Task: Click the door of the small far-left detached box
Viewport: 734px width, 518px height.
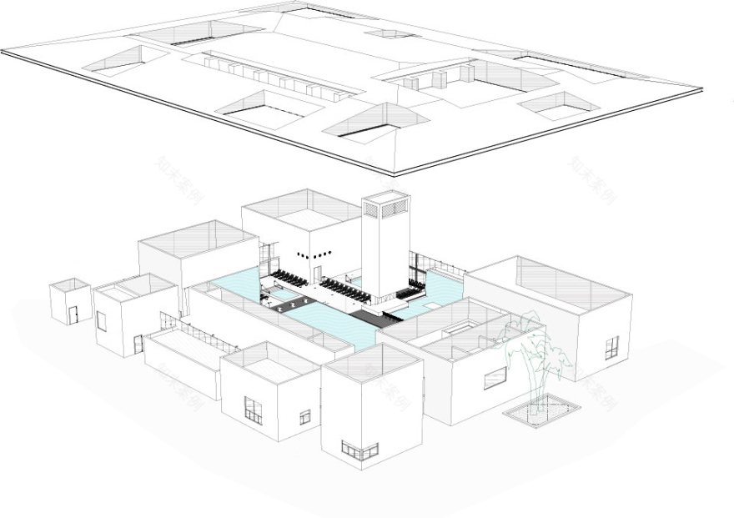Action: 73,314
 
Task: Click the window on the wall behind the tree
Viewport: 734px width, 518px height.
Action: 495,378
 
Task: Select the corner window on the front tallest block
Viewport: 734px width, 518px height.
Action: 359,451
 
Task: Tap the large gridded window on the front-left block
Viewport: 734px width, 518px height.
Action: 253,410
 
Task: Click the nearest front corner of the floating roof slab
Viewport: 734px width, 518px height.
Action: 395,173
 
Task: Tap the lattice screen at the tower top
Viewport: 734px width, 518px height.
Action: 385,206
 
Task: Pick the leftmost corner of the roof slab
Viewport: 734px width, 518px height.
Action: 3,53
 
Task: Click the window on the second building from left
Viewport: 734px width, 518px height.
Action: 101,320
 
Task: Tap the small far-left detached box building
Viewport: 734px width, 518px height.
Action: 70,301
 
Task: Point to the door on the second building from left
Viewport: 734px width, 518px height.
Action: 138,344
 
